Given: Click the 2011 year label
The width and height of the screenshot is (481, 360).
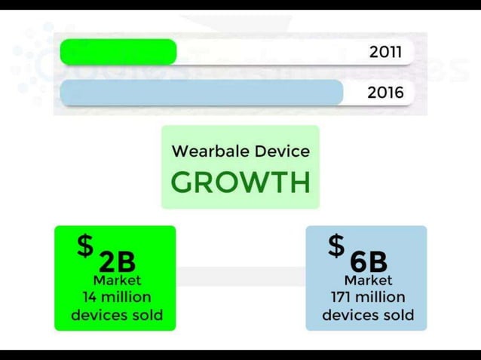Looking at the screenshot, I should pyautogui.click(x=386, y=52).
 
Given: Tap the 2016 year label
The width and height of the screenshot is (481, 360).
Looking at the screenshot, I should pyautogui.click(x=386, y=93).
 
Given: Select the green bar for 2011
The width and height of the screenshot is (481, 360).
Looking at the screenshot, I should pyautogui.click(x=118, y=52).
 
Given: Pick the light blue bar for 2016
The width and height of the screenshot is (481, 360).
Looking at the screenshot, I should pyautogui.click(x=201, y=93).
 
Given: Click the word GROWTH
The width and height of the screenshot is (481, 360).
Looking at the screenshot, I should pyautogui.click(x=240, y=182).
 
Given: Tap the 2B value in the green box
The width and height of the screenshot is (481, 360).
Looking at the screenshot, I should pyautogui.click(x=118, y=261).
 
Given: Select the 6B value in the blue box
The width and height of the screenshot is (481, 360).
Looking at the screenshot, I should pyautogui.click(x=369, y=261).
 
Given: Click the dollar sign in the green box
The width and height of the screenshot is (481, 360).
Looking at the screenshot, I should pyautogui.click(x=86, y=246).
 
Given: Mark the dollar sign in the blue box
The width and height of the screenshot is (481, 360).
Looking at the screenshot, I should pyautogui.click(x=336, y=246).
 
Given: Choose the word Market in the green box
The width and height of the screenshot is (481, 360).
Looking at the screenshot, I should pyautogui.click(x=117, y=280).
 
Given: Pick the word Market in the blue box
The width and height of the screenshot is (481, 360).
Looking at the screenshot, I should pyautogui.click(x=368, y=280).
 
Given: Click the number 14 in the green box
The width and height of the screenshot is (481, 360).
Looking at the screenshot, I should pyautogui.click(x=90, y=297).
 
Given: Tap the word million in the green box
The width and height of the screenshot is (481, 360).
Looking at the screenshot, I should pyautogui.click(x=127, y=297).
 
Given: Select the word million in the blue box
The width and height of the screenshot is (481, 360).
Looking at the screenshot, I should pyautogui.click(x=381, y=297).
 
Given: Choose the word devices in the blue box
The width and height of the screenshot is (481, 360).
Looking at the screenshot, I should pyautogui.click(x=348, y=315).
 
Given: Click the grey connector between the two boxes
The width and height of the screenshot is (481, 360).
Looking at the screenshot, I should pyautogui.click(x=240, y=276).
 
